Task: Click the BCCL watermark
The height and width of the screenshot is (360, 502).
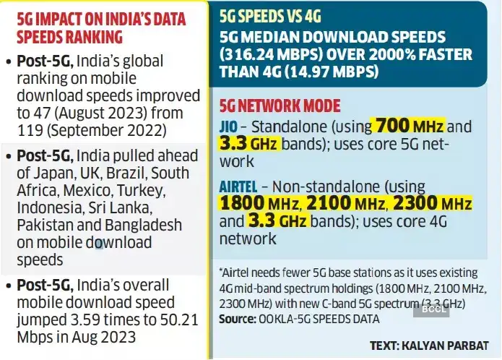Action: coord(433,310)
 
